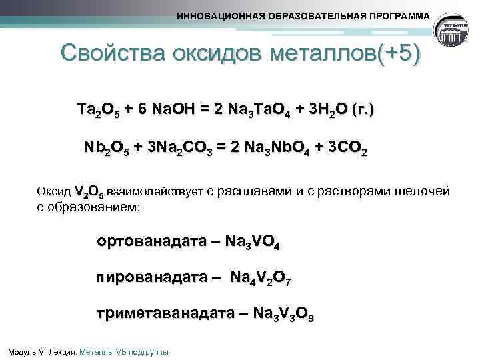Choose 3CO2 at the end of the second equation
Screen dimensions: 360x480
(345, 147)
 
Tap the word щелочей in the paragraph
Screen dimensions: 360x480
(423, 192)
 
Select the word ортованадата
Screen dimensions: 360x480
(149, 242)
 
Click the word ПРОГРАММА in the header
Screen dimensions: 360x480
(397, 16)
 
